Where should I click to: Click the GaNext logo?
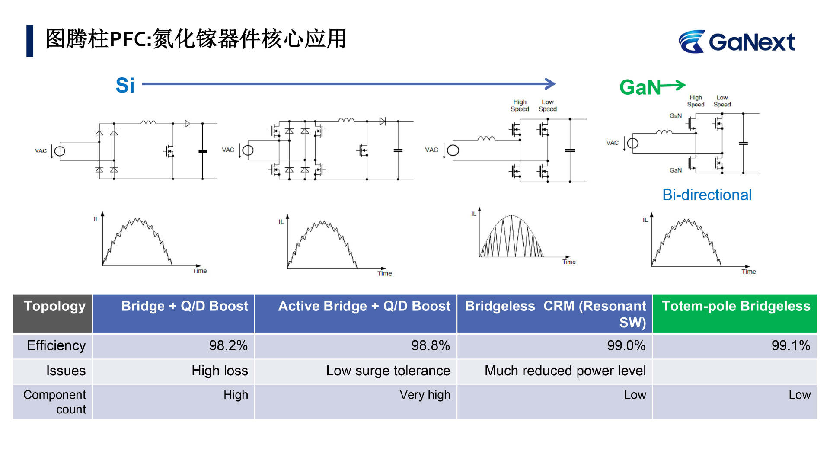click(x=737, y=42)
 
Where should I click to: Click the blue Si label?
click(x=125, y=85)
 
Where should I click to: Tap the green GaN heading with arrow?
click(x=652, y=87)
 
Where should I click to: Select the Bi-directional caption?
click(x=707, y=195)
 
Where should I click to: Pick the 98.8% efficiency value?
click(x=431, y=345)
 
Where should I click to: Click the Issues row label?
click(x=66, y=371)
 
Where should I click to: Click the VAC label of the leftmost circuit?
click(x=41, y=150)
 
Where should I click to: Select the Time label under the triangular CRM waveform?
click(x=569, y=262)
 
